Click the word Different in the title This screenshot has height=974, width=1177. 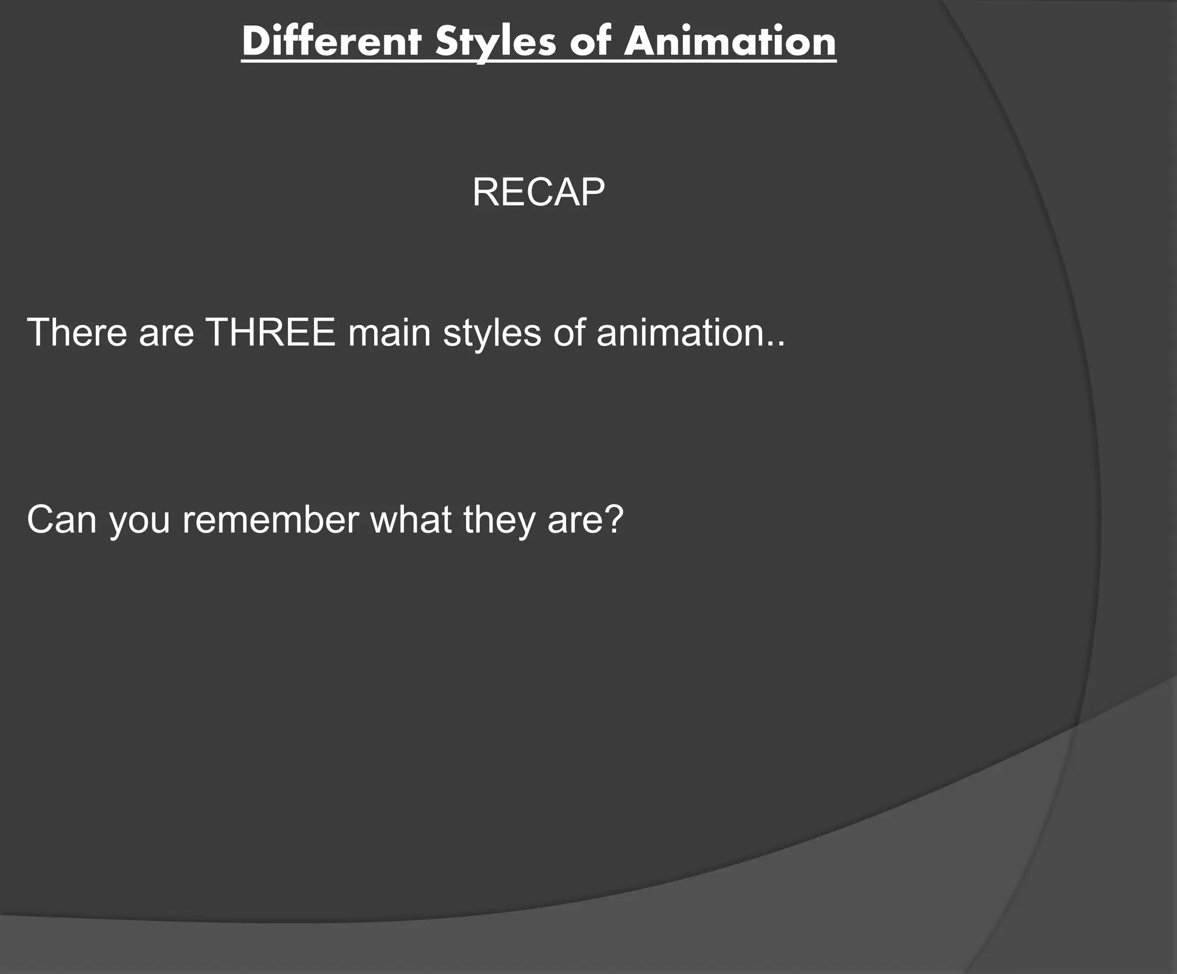[x=332, y=41]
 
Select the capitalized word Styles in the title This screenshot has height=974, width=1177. [x=495, y=41]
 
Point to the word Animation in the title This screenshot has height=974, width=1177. [x=730, y=41]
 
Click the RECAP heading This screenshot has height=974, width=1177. [x=539, y=192]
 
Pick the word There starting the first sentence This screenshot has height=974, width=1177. [x=77, y=332]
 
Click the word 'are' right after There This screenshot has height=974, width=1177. [x=166, y=333]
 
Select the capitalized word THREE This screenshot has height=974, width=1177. [x=270, y=332]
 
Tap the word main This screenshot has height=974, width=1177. [x=389, y=332]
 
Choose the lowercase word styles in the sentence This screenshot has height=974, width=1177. [x=492, y=333]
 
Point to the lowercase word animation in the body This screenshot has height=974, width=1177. [x=680, y=332]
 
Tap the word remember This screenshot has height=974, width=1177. [x=270, y=519]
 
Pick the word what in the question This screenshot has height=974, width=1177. [x=410, y=519]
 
